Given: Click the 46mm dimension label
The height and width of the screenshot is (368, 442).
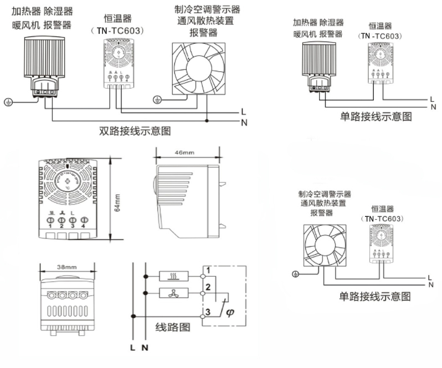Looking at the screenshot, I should [x=184, y=152].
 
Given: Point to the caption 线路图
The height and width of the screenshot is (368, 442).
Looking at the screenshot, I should [x=172, y=327].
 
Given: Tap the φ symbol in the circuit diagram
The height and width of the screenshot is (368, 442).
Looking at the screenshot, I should [x=230, y=314].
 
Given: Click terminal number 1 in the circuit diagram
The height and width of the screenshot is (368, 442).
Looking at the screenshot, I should [x=207, y=271].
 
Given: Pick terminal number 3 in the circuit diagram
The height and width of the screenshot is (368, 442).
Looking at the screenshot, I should [x=207, y=313].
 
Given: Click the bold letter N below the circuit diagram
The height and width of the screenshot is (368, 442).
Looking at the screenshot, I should [x=145, y=348].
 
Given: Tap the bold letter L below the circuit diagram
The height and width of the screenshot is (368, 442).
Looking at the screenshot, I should [x=132, y=348].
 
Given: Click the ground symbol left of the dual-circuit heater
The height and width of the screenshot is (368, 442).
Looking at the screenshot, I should [x=8, y=102].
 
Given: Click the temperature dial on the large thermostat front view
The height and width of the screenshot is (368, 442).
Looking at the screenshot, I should [x=69, y=181].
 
